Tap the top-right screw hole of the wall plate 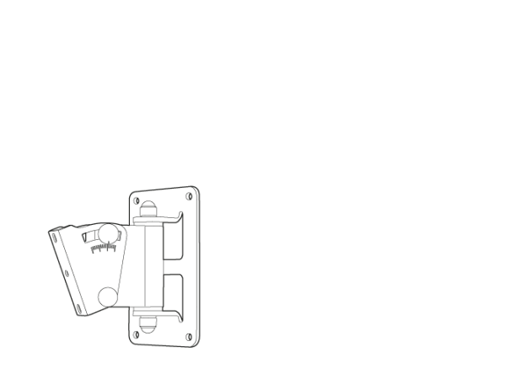coord(191,195)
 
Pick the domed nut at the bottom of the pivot coord(149,323)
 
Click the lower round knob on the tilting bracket coord(107,296)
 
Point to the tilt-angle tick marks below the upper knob coord(101,249)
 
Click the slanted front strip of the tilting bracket coord(65,269)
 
